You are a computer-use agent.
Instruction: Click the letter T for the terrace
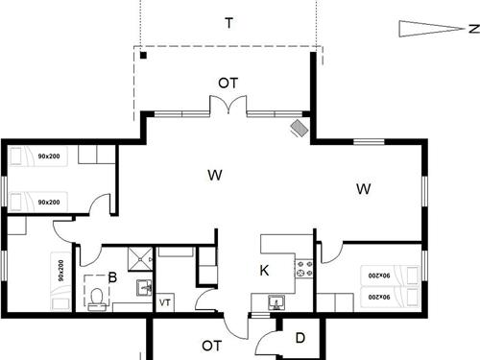pyautogui.click(x=228, y=24)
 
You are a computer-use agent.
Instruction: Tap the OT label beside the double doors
pyautogui.click(x=228, y=84)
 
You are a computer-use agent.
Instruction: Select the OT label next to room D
pyautogui.click(x=212, y=344)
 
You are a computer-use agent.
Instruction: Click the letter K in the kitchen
pyautogui.click(x=264, y=271)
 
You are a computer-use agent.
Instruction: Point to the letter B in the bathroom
pyautogui.click(x=112, y=279)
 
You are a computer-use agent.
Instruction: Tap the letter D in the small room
pyautogui.click(x=300, y=338)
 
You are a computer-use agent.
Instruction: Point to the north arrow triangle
pyautogui.click(x=419, y=29)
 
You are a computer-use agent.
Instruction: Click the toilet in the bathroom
pyautogui.click(x=97, y=299)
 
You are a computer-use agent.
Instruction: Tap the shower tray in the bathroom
pyautogui.click(x=140, y=258)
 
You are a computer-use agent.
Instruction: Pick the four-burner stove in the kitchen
pyautogui.click(x=305, y=270)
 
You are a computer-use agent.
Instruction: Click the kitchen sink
pyautogui.click(x=276, y=301)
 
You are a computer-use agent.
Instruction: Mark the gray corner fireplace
pyautogui.click(x=300, y=128)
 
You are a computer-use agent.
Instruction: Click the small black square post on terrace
pyautogui.click(x=142, y=56)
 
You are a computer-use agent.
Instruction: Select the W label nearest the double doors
pyautogui.click(x=215, y=175)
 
